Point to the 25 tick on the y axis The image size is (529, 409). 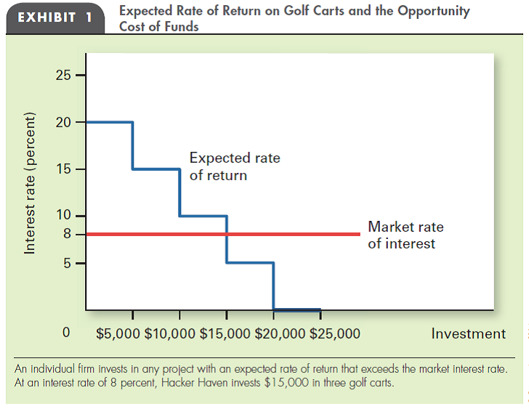(x=64, y=76)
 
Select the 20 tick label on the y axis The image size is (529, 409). (x=64, y=122)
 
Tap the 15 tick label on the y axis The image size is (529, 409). (x=64, y=169)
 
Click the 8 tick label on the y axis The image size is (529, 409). (x=67, y=234)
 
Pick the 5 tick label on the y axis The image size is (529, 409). (x=67, y=262)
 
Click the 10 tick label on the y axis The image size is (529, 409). (x=64, y=216)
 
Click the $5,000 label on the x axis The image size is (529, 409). (x=118, y=334)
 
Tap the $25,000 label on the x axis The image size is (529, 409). (x=334, y=334)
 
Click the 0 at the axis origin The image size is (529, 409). (x=67, y=334)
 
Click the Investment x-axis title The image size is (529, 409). (x=468, y=334)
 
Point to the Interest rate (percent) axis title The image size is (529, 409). (x=31, y=182)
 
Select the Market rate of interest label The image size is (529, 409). (x=405, y=235)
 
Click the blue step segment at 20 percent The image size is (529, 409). (x=109, y=122)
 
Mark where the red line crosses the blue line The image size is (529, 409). (x=227, y=234)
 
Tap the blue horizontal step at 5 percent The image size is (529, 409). (x=250, y=262)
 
